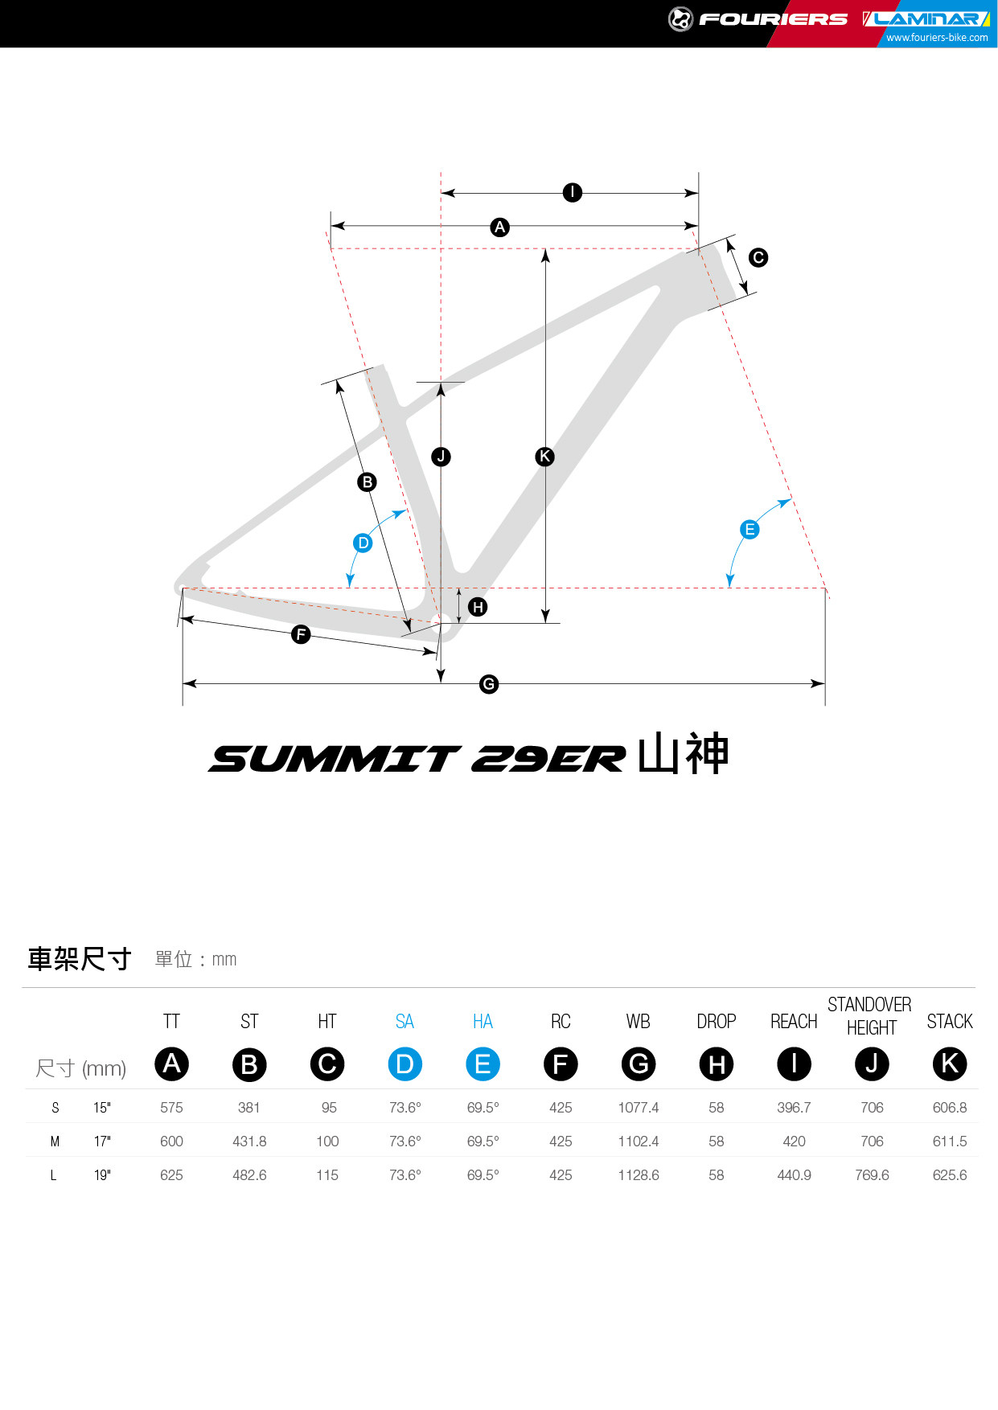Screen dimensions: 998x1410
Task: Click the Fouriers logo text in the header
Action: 773,18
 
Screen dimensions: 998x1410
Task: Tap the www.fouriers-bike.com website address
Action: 937,38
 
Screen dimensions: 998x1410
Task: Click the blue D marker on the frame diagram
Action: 363,543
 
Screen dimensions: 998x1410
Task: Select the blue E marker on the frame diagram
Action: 750,529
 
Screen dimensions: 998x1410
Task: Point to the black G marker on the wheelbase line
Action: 489,684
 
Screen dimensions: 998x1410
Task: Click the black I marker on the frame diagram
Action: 572,192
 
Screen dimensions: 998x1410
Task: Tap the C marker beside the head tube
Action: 758,257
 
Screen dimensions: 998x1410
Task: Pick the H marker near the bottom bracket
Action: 478,607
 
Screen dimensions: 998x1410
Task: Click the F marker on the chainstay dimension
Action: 301,634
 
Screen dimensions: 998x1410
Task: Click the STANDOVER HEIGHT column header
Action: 870,1016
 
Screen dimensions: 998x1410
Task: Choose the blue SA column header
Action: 405,1022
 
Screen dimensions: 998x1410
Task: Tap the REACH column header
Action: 794,1022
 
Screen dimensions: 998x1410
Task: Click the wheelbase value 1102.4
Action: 639,1142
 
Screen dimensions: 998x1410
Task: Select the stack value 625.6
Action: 950,1175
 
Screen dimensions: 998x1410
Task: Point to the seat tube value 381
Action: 249,1108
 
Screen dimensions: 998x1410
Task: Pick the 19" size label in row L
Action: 102,1175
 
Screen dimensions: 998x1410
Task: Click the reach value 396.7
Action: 794,1108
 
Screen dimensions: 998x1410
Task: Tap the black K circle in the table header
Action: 950,1064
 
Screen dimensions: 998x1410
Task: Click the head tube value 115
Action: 327,1175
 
